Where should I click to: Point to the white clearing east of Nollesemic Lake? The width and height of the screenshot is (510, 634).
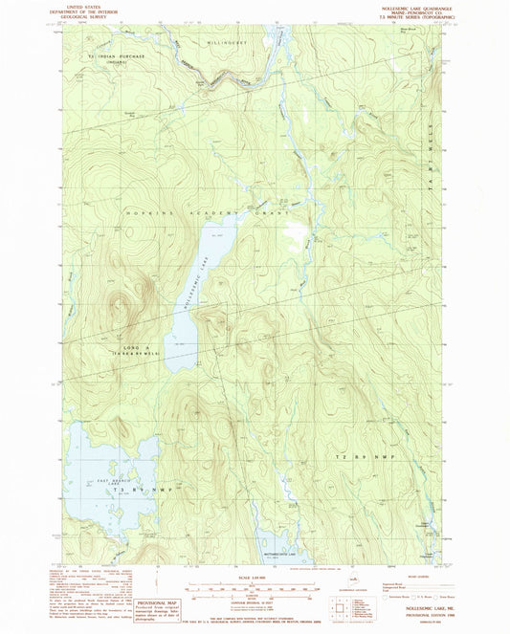(296, 232)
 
